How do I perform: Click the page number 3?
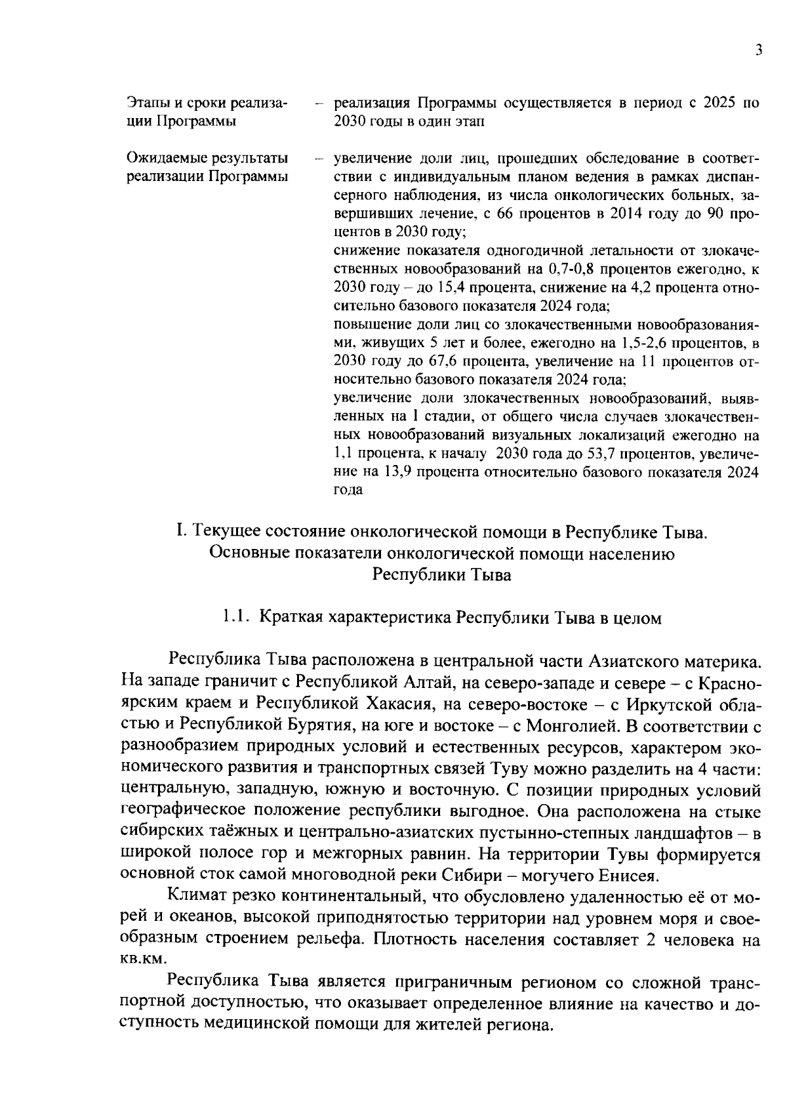click(x=758, y=51)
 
